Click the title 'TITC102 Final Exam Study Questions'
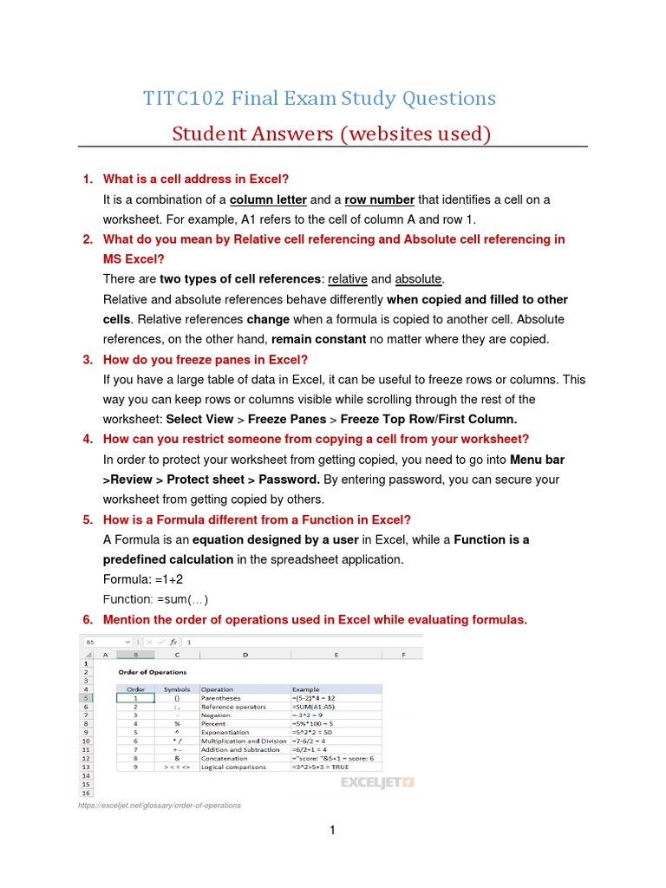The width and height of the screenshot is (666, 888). coord(320,99)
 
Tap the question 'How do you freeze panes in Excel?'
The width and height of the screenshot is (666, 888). coord(206,360)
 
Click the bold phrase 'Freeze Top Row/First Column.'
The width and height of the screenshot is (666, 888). coord(430,419)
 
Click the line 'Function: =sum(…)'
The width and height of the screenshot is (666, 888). coord(156,599)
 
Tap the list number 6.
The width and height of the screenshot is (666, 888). coord(88,620)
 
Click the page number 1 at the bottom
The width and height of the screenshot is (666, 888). coord(332,831)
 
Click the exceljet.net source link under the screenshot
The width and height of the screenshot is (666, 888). coord(159,806)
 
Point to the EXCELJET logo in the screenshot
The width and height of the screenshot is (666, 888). coord(377,782)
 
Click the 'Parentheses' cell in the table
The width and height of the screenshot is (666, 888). coord(223,698)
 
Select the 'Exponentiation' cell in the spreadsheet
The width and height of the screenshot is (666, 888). coord(228,733)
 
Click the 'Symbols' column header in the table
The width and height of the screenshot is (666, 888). coord(176,689)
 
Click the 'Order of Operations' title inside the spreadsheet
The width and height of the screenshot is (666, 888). coord(152,672)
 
